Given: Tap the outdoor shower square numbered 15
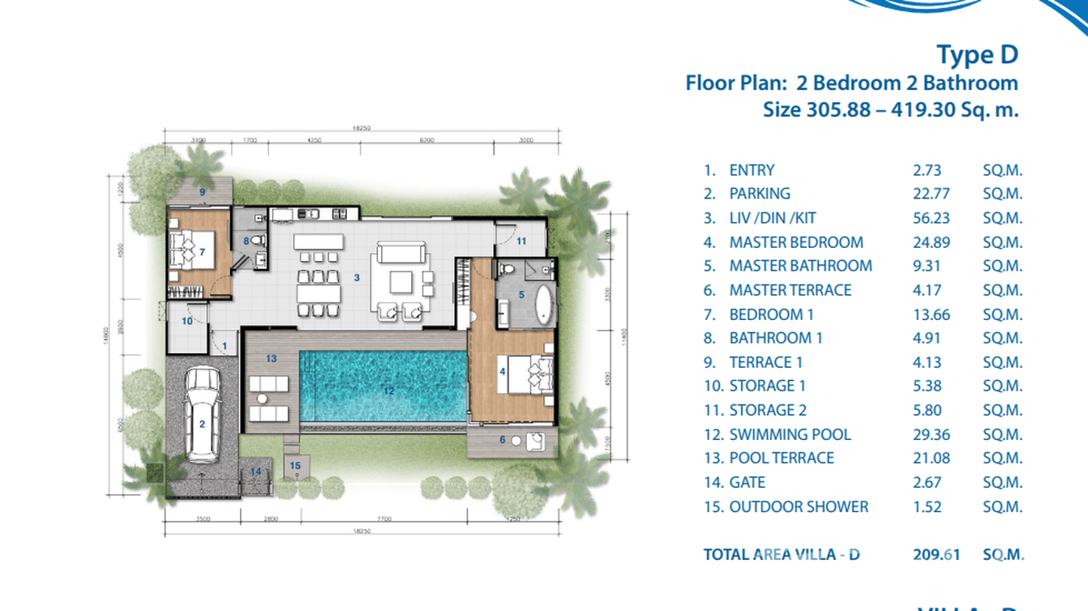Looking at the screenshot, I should pyautogui.click(x=295, y=466).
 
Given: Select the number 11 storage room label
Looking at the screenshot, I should pyautogui.click(x=521, y=241).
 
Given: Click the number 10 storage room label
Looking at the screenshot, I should pyautogui.click(x=186, y=321).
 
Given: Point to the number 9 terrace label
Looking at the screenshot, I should pyautogui.click(x=202, y=192).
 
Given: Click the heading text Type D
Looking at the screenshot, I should pyautogui.click(x=976, y=55).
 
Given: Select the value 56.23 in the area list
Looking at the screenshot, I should pyautogui.click(x=930, y=218).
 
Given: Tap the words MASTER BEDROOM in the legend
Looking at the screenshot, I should pyautogui.click(x=795, y=242).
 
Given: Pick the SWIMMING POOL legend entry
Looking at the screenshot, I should pyautogui.click(x=790, y=434).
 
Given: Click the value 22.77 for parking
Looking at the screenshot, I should pyautogui.click(x=930, y=194).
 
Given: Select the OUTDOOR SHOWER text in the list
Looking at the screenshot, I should pyautogui.click(x=799, y=506).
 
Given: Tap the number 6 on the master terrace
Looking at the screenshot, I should pyautogui.click(x=502, y=440).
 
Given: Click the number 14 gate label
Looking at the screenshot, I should pyautogui.click(x=255, y=472).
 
